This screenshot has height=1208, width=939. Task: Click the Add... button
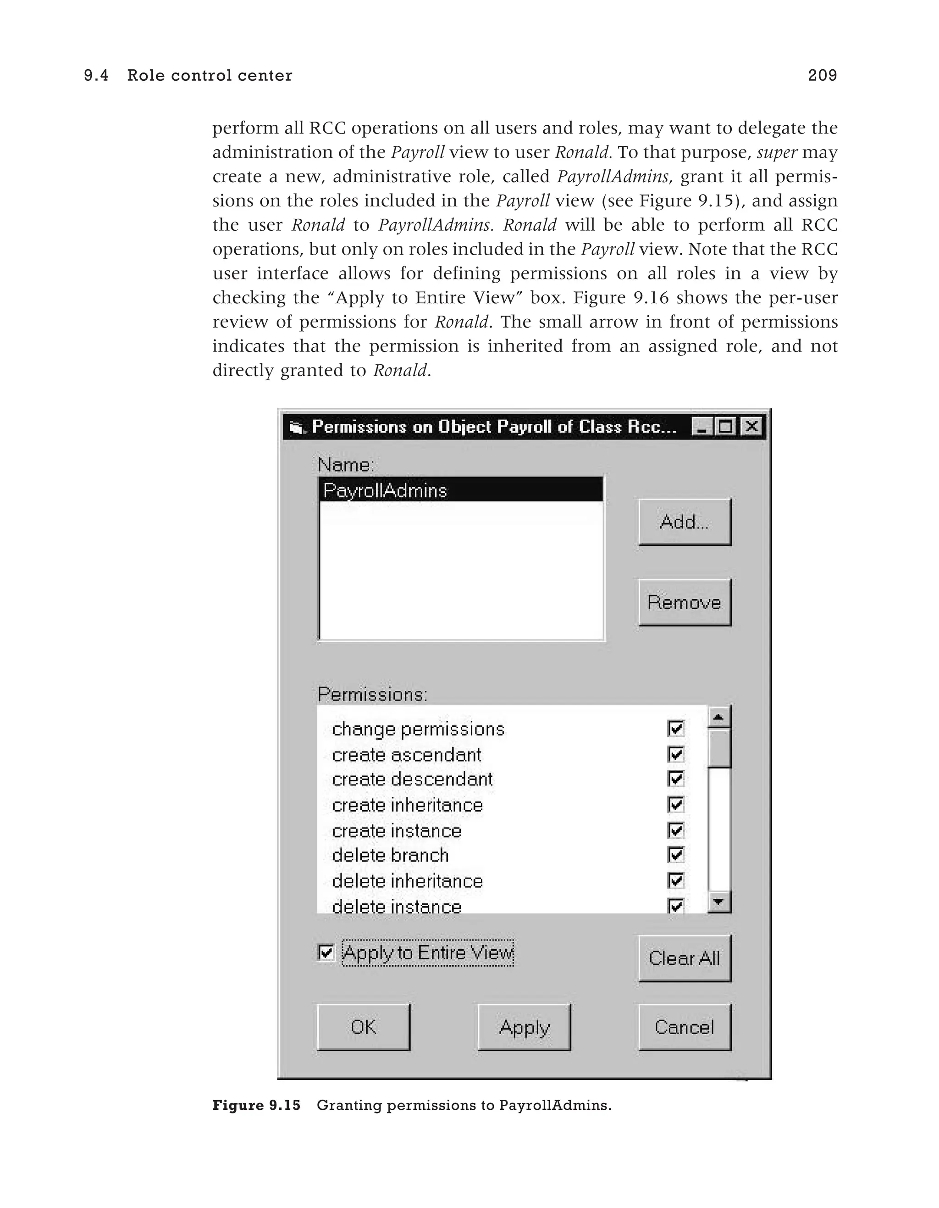tap(684, 522)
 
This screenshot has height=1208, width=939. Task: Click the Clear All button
tap(684, 958)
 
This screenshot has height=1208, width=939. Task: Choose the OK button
tap(363, 1027)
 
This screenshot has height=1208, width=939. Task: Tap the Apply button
tap(524, 1027)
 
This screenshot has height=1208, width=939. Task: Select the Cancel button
tap(684, 1027)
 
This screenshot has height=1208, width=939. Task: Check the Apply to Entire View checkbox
tap(326, 952)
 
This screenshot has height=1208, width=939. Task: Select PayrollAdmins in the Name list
tap(385, 490)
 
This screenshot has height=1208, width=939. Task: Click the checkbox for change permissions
tap(675, 729)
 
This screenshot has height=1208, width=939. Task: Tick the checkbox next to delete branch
tap(675, 855)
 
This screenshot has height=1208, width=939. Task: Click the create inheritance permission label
tap(407, 805)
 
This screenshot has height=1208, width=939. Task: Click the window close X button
tap(751, 427)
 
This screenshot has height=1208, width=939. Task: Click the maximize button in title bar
tap(726, 427)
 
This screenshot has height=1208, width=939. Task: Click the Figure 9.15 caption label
tap(256, 1105)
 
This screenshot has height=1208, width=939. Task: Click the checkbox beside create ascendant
tap(675, 754)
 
